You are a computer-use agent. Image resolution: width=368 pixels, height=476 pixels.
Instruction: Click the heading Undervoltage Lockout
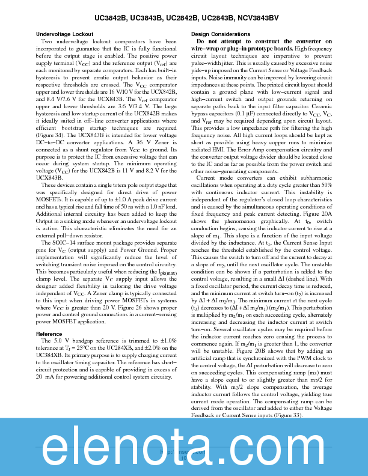64,34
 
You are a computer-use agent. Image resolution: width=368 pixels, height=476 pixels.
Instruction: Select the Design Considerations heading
216,34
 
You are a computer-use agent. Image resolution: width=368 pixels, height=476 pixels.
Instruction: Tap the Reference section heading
49,334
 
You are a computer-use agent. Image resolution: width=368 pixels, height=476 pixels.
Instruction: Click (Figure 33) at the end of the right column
288,415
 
